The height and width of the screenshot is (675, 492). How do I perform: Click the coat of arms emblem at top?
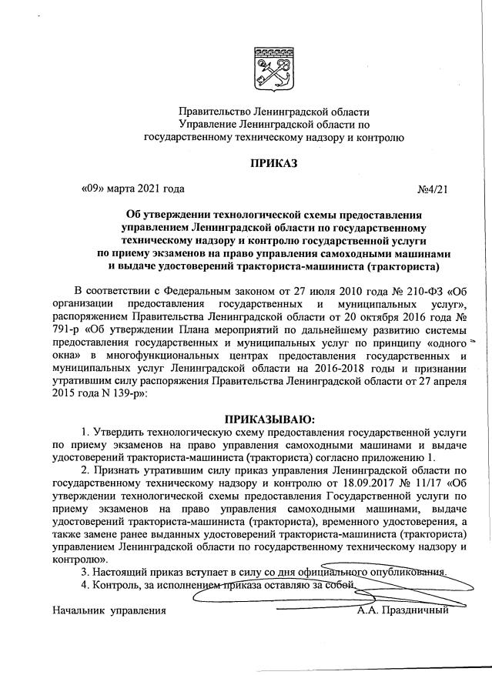click(272, 69)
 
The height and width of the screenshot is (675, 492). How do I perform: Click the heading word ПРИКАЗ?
click(273, 163)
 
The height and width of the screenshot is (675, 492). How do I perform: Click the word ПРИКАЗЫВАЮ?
click(269, 419)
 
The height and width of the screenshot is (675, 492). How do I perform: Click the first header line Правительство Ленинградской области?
click(273, 114)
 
